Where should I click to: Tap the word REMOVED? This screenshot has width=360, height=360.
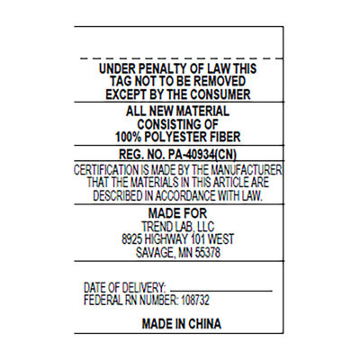(x=220, y=81)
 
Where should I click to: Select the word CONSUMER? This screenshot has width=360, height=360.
(x=220, y=94)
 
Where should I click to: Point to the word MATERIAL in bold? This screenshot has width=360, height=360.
(x=202, y=112)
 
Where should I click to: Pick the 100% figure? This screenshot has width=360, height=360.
(x=129, y=137)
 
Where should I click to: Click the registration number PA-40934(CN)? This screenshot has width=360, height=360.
(x=202, y=155)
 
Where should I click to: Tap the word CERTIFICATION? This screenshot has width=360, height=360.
(x=106, y=170)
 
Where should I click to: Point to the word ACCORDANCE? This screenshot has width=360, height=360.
(x=185, y=196)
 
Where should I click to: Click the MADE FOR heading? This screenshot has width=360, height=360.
(x=177, y=213)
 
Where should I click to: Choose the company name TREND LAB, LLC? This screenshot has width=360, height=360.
(x=178, y=227)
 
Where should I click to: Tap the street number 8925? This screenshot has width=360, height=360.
(x=131, y=239)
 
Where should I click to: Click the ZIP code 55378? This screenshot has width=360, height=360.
(x=208, y=253)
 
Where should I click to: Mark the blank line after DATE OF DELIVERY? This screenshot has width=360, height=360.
(x=221, y=291)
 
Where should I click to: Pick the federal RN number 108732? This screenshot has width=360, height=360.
(x=194, y=300)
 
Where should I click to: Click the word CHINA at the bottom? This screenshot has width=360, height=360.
(x=204, y=324)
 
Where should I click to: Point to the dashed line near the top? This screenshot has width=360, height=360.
(x=182, y=58)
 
